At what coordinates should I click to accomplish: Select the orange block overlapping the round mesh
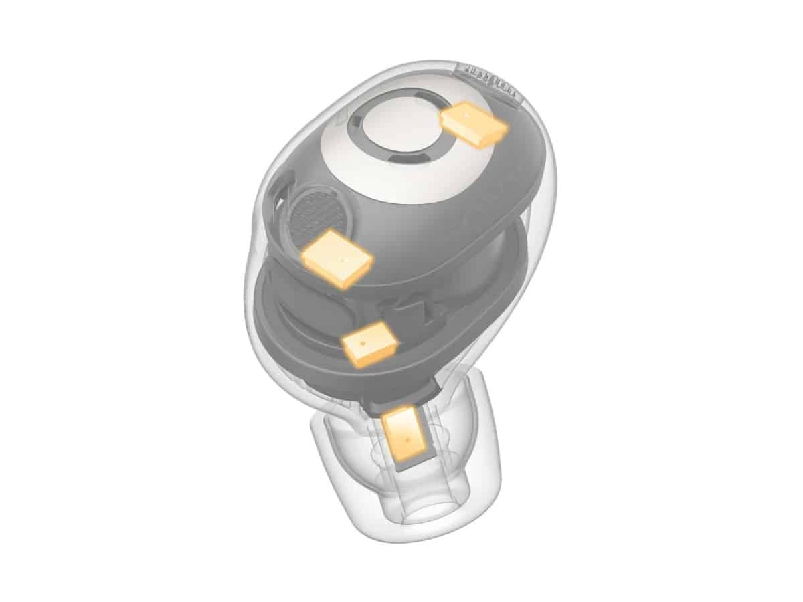337,257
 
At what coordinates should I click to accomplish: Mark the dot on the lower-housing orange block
362,342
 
